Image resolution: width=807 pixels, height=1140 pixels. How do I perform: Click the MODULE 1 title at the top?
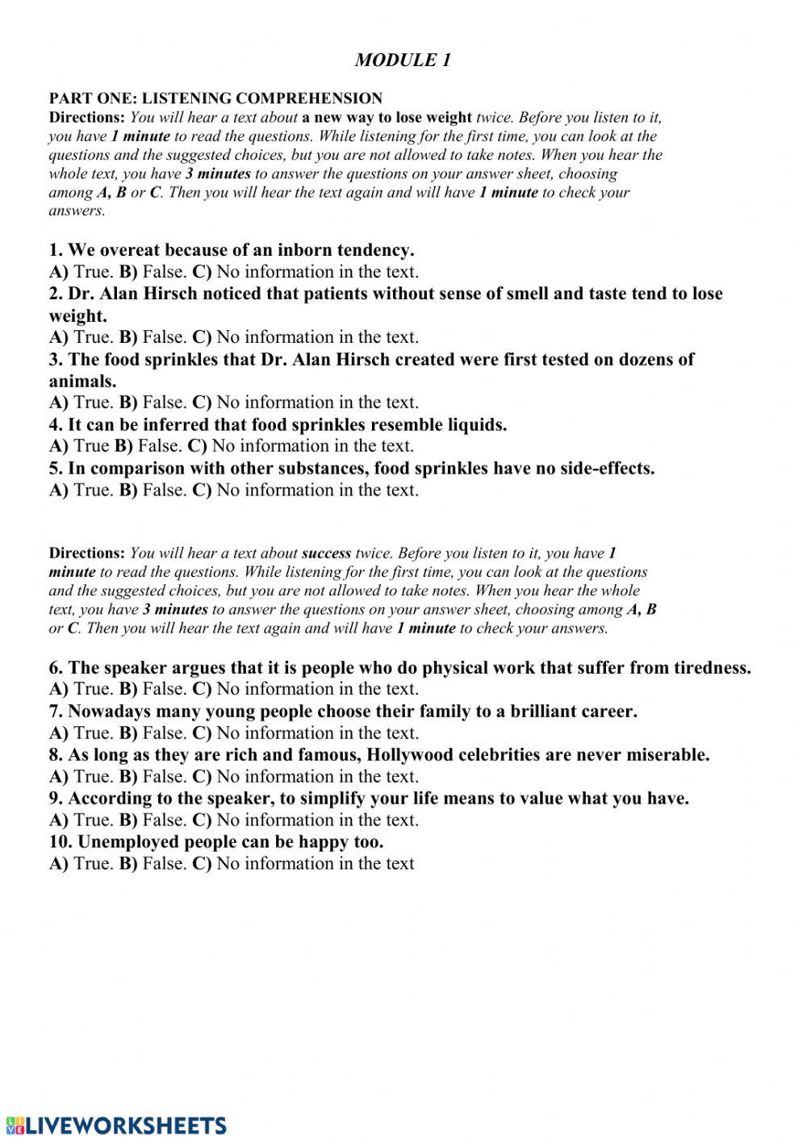coord(403,61)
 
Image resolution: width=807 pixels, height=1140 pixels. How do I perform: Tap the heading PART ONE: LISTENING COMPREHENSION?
coord(215,98)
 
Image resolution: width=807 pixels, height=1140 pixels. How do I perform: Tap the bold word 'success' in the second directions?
coord(326,553)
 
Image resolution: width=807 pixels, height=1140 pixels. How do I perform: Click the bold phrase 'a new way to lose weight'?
coord(387,118)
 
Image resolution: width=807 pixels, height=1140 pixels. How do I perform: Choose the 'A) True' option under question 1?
coord(81,272)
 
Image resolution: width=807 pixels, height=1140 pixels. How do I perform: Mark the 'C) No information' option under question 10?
coord(303,863)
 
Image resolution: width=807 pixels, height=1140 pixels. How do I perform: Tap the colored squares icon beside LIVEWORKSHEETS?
coord(15,1125)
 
